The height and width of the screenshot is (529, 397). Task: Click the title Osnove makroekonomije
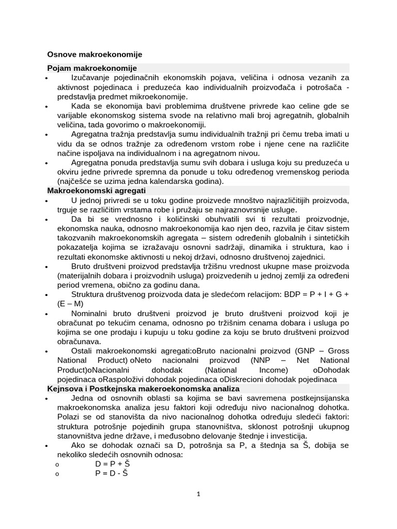tap(95, 54)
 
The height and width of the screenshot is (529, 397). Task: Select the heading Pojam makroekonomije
tap(91, 68)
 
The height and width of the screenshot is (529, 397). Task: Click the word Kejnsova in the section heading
tap(65, 388)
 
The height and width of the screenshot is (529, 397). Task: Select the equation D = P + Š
tap(112, 463)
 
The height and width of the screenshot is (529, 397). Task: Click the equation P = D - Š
tap(111, 473)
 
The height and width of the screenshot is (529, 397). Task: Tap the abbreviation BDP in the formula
tap(278, 294)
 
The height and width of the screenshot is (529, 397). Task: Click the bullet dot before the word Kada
tap(47, 107)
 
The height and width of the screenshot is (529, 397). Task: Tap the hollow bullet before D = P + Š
tap(57, 464)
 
